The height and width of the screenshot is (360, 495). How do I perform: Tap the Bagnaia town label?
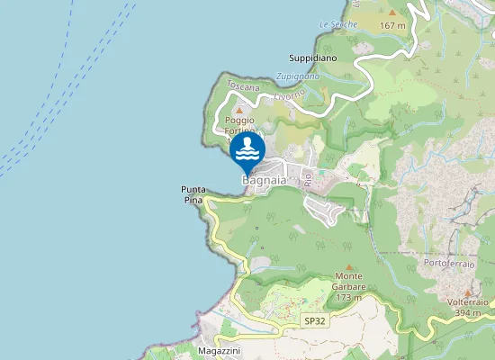pyautogui.click(x=264, y=181)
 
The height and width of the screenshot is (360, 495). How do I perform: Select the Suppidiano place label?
pyautogui.click(x=312, y=58)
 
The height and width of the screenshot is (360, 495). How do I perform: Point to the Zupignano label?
pyautogui.click(x=297, y=76)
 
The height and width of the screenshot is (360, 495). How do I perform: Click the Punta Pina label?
pyautogui.click(x=193, y=194)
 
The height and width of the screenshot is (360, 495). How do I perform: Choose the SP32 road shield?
pyautogui.click(x=313, y=320)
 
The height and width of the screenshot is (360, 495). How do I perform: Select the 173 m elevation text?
pyautogui.click(x=347, y=297)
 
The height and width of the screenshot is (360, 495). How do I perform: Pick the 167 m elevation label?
pyautogui.click(x=393, y=25)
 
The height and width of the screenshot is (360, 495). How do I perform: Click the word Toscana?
pyautogui.click(x=243, y=86)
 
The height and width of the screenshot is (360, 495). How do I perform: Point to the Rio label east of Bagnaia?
pyautogui.click(x=308, y=179)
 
